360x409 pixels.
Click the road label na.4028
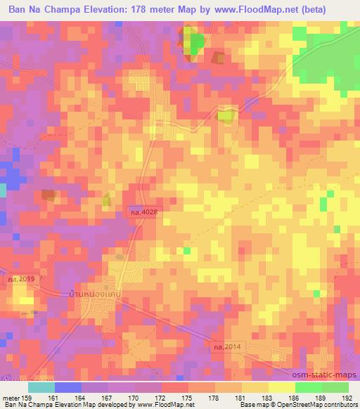[x=143, y=211]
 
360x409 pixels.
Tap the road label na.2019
[x=22, y=279]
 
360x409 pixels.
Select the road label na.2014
[x=227, y=346]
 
